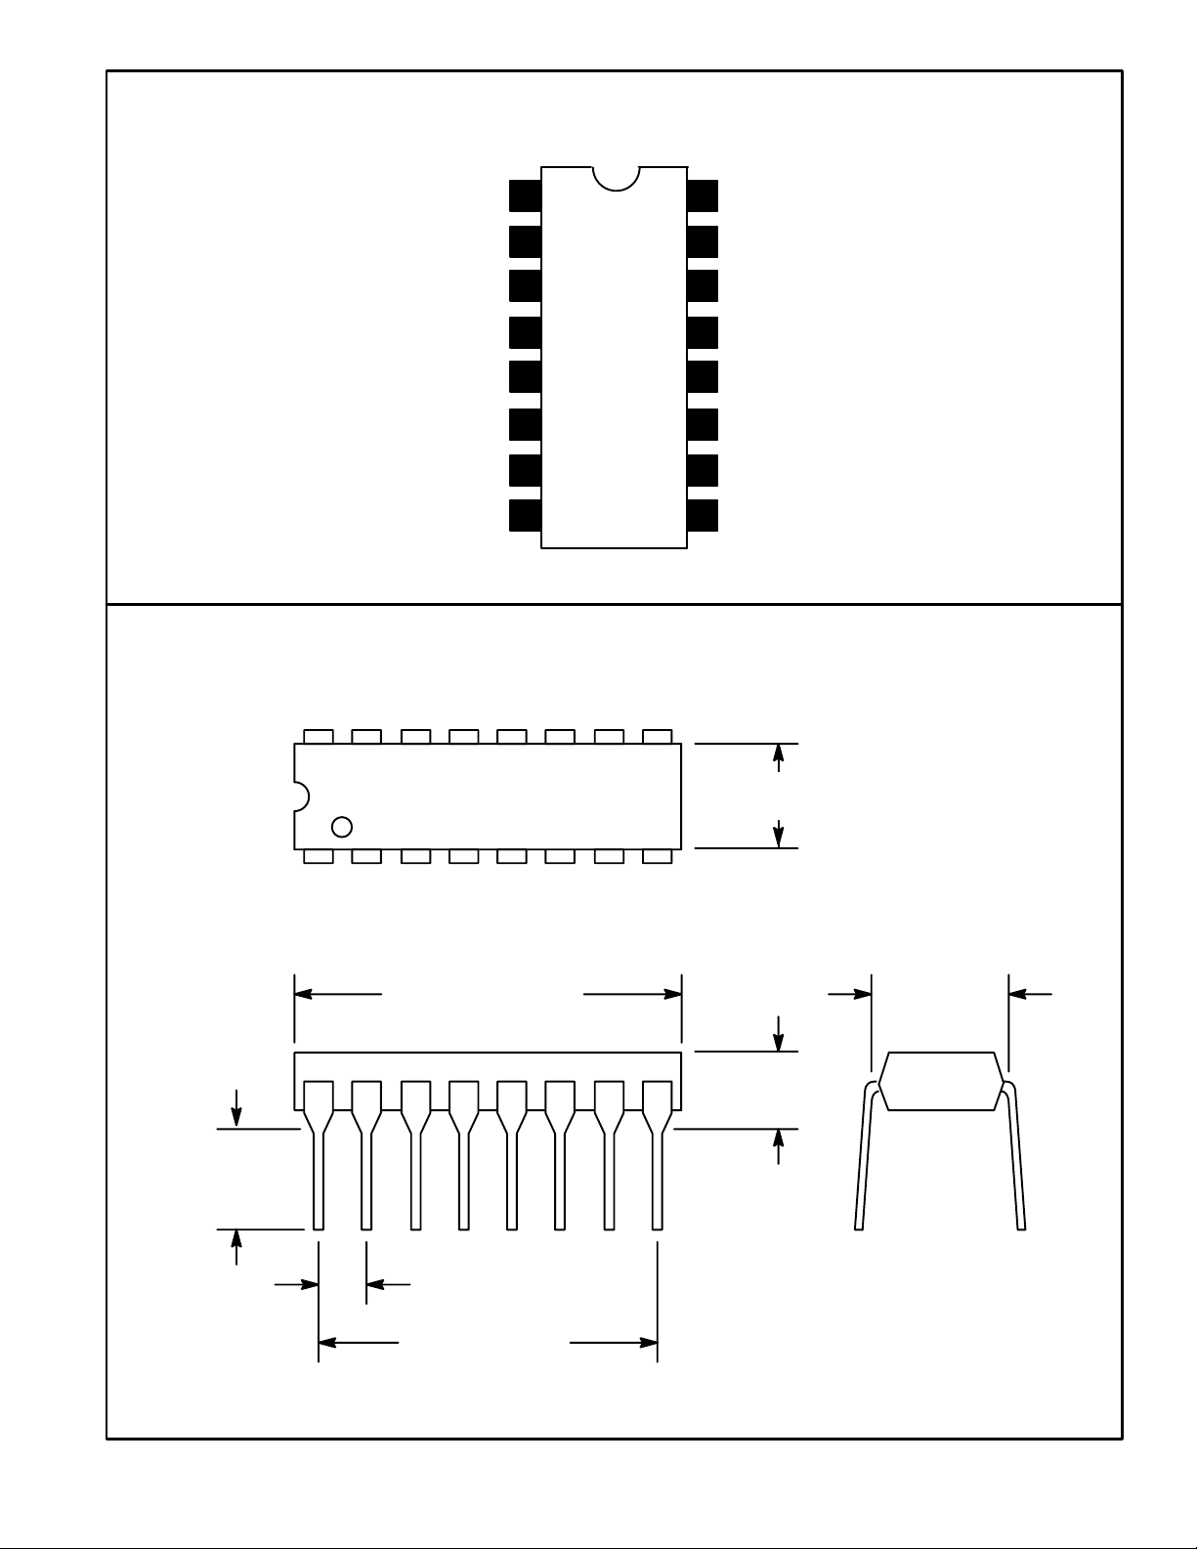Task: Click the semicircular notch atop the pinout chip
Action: click(616, 177)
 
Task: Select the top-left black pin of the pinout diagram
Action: click(525, 195)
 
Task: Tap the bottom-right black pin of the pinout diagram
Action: click(703, 516)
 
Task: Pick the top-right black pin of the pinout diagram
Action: click(703, 195)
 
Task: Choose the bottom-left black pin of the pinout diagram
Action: click(525, 516)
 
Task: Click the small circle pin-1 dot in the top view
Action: click(342, 827)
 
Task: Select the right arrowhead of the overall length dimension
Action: click(673, 994)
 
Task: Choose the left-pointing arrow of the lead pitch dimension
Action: click(375, 1284)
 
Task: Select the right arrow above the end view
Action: click(1017, 994)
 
